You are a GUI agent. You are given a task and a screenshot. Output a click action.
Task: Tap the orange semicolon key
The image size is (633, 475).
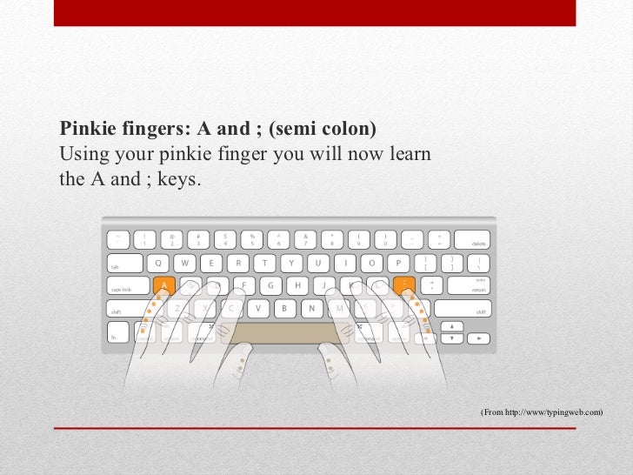click(x=403, y=285)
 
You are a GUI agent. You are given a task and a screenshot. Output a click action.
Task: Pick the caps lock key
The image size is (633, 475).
click(x=127, y=285)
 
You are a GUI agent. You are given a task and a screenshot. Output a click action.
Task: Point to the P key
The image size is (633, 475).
click(x=398, y=263)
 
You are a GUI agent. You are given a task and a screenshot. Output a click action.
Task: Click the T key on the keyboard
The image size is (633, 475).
click(x=264, y=263)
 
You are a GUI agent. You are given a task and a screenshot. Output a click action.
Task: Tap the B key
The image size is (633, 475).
click(x=284, y=308)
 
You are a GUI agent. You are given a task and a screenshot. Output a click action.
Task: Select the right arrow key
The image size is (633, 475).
click(x=479, y=335)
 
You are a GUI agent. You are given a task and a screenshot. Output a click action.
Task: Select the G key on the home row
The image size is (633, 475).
click(x=271, y=285)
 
